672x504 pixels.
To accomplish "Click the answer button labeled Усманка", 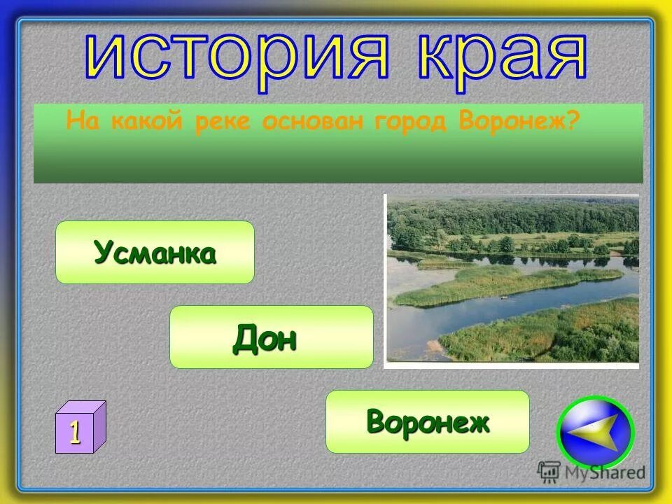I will (x=155, y=252).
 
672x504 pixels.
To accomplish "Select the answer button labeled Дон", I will (x=271, y=337).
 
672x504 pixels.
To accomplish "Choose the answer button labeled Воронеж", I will (x=427, y=421).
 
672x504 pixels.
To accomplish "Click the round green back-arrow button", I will (x=594, y=432).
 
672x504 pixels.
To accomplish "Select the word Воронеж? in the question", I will (x=520, y=122).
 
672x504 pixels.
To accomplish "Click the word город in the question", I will (x=413, y=122).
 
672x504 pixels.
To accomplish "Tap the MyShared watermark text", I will (x=605, y=472).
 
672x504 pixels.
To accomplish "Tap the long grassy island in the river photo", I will (x=504, y=283).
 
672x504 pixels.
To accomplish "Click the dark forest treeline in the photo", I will (x=511, y=213).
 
